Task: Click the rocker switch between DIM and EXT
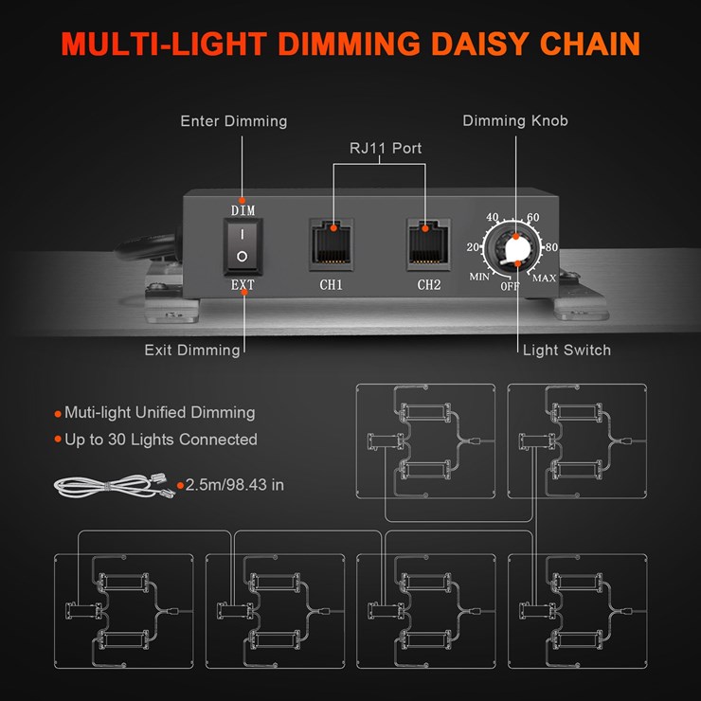243,243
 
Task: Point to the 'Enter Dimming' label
234,121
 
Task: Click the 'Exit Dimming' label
192,350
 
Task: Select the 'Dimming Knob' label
515,121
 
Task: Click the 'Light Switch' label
566,350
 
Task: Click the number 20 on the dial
474,247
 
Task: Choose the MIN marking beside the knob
479,276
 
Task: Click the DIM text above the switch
243,209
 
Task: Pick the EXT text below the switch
243,283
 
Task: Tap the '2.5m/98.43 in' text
234,485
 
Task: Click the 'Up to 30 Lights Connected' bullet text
160,440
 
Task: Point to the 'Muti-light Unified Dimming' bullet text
159,413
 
